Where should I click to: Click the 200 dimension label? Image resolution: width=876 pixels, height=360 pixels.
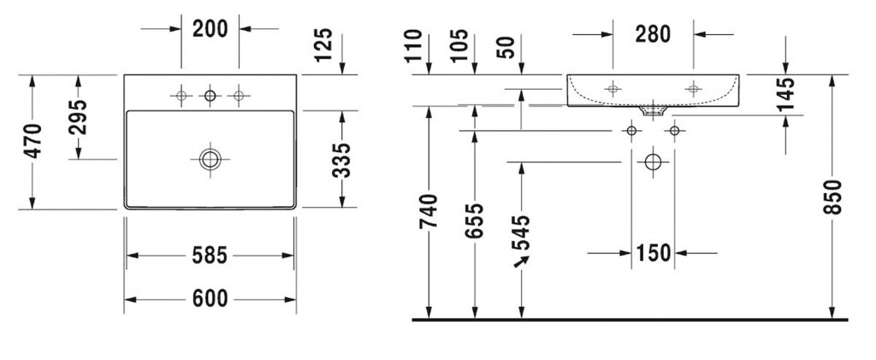[210, 28]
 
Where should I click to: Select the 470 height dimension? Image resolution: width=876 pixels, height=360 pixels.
[32, 142]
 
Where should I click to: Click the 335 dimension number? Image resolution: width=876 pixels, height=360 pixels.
[341, 159]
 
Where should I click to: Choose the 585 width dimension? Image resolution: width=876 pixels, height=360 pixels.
[210, 255]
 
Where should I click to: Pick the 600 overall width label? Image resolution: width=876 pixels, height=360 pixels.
[210, 298]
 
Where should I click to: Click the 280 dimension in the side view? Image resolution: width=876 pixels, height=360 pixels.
[653, 34]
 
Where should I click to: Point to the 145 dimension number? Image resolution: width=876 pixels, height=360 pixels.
[786, 96]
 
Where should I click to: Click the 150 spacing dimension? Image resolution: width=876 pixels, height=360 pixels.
[652, 252]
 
